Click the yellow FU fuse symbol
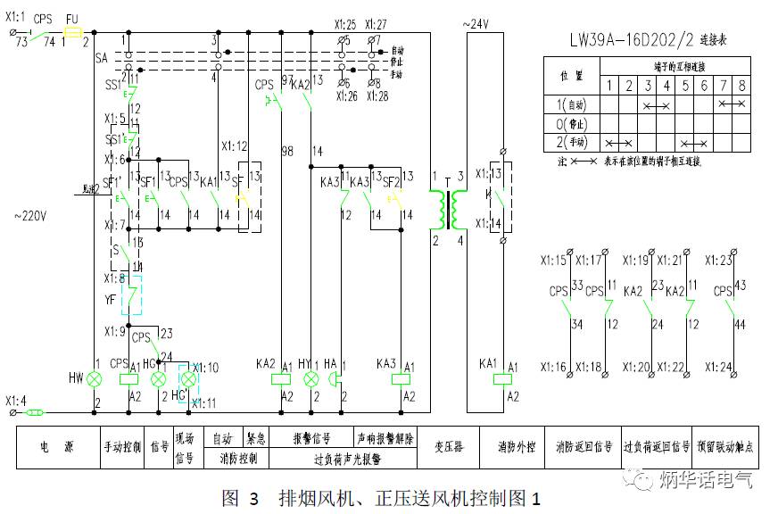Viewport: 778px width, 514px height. tap(74, 29)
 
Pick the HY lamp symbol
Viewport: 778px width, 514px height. tap(311, 379)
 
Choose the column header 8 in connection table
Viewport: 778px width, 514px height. tap(741, 86)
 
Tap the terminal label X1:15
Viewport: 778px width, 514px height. tap(553, 261)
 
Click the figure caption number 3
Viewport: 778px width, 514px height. tap(253, 498)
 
